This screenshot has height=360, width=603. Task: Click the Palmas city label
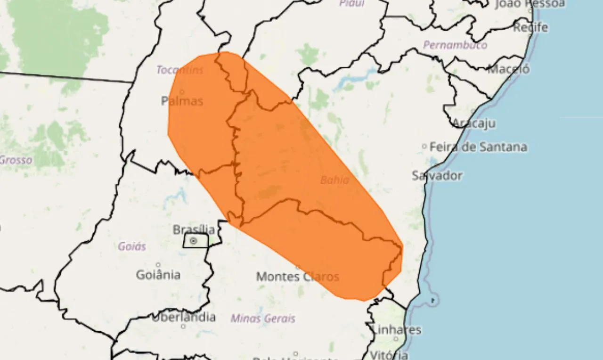(x=182, y=101)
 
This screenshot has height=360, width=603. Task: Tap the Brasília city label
(x=194, y=230)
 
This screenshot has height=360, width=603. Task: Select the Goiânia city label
(x=158, y=274)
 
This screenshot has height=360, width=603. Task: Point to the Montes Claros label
(x=297, y=277)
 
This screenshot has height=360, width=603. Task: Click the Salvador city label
(x=437, y=176)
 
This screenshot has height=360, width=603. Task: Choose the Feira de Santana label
(x=478, y=147)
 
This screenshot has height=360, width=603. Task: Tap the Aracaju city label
(x=473, y=123)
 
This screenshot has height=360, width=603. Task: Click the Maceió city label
(x=508, y=69)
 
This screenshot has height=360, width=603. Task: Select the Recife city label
(x=530, y=27)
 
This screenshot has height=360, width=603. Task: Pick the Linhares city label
(x=396, y=329)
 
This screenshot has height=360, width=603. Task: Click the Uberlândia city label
(x=183, y=317)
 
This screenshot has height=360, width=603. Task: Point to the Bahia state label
(x=334, y=180)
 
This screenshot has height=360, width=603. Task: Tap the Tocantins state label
(x=179, y=70)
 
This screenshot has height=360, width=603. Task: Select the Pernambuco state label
(x=455, y=45)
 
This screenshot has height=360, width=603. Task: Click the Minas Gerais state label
(x=263, y=319)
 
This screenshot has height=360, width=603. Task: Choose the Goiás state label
(x=132, y=246)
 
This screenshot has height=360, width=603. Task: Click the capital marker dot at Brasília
(x=194, y=241)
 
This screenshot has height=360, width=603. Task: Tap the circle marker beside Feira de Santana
(x=424, y=147)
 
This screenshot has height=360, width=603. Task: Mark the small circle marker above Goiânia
(x=158, y=265)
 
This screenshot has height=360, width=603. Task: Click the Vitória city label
(x=389, y=354)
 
